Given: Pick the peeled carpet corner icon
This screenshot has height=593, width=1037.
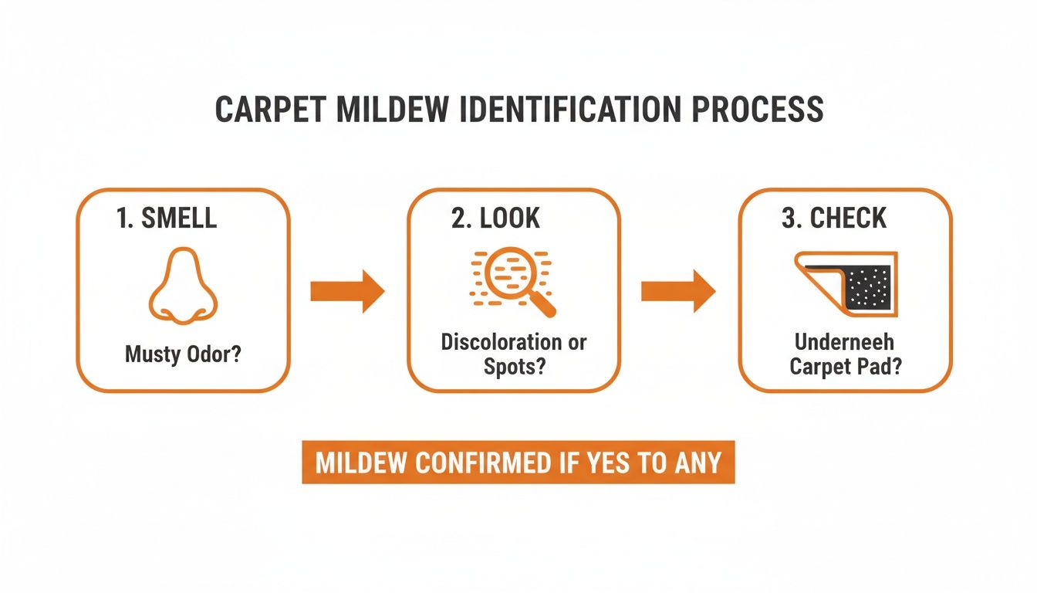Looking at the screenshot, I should pyautogui.click(x=846, y=283).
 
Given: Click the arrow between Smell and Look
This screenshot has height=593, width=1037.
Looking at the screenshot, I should pyautogui.click(x=346, y=291).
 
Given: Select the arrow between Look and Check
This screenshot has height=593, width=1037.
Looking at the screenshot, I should pyautogui.click(x=678, y=291).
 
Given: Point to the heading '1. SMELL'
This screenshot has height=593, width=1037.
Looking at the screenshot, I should pyautogui.click(x=167, y=219).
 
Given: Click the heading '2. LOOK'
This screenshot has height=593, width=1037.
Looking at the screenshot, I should pyautogui.click(x=496, y=219).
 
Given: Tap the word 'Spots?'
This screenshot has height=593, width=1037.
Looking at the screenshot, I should pyautogui.click(x=514, y=366).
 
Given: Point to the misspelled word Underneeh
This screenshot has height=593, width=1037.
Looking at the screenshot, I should pyautogui.click(x=845, y=342).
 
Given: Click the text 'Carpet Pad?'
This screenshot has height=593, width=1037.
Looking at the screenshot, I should pyautogui.click(x=846, y=366).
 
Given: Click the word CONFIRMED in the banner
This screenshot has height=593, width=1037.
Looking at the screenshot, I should pyautogui.click(x=485, y=463).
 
